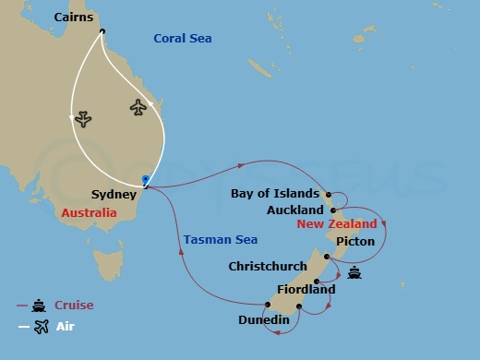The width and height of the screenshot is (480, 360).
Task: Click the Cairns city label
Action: pyautogui.click(x=73, y=18)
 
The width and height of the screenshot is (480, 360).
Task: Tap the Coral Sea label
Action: pyautogui.click(x=182, y=38)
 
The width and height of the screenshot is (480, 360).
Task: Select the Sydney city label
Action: pyautogui.click(x=114, y=195)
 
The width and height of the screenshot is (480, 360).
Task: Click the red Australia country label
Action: pyautogui.click(x=90, y=213)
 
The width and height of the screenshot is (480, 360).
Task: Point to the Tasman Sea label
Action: pyautogui.click(x=220, y=240)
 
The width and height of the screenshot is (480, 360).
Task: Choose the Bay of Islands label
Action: pyautogui.click(x=276, y=194)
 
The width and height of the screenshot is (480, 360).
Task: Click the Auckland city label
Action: pyautogui.click(x=294, y=210)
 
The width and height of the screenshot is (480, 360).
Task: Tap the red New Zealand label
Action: pyautogui.click(x=337, y=224)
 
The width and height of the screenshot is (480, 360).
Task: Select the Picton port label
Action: pyautogui.click(x=355, y=241)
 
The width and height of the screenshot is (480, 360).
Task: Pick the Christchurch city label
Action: pyautogui.click(x=268, y=267)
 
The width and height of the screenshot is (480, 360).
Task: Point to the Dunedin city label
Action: pyautogui.click(x=263, y=320)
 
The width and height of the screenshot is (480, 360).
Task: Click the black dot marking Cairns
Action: pyautogui.click(x=102, y=30)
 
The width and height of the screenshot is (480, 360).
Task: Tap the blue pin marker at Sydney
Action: pyautogui.click(x=146, y=180)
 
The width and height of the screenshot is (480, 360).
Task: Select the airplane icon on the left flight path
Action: pyautogui.click(x=81, y=119)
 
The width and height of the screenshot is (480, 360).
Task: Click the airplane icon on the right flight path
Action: pyautogui.click(x=138, y=107)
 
